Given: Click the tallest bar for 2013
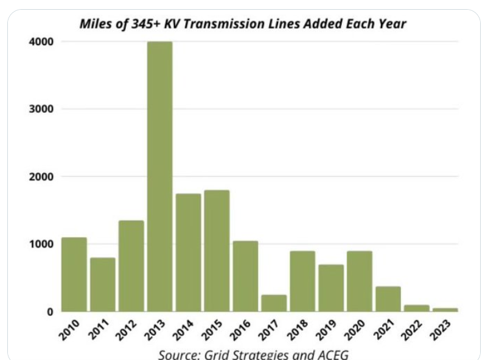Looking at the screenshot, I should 159,176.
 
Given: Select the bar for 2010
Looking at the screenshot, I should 74,274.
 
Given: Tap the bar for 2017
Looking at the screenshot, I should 273,303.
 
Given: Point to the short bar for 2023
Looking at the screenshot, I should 445,310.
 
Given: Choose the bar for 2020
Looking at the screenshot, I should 359,281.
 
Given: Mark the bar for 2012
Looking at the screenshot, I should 131,266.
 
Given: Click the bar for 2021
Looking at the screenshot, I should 388,299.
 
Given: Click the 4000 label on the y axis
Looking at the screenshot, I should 41,41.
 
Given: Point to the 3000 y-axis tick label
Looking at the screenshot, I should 41,109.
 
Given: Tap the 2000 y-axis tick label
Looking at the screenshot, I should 41,176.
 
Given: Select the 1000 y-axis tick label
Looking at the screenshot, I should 41,244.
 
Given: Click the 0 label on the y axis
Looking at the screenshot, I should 49,311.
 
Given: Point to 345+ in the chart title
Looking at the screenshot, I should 161,25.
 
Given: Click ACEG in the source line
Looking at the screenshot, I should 331,354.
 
